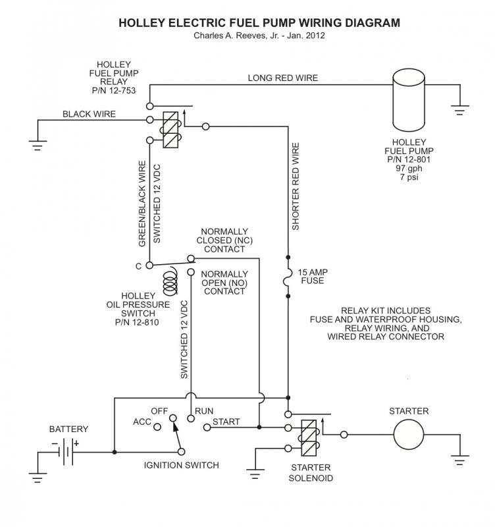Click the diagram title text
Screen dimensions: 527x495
pos(259,23)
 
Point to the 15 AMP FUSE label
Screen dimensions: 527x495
pos(315,276)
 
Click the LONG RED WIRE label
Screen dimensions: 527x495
pos(282,78)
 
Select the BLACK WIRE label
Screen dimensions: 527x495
pos(89,114)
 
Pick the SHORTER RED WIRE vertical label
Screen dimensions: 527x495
pos(296,186)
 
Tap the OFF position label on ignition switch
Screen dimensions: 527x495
pos(159,411)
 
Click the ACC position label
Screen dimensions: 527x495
pos(142,422)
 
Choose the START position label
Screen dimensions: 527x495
pos(226,422)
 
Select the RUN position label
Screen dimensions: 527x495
pos(204,411)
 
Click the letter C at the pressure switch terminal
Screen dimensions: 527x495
pos(138,265)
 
